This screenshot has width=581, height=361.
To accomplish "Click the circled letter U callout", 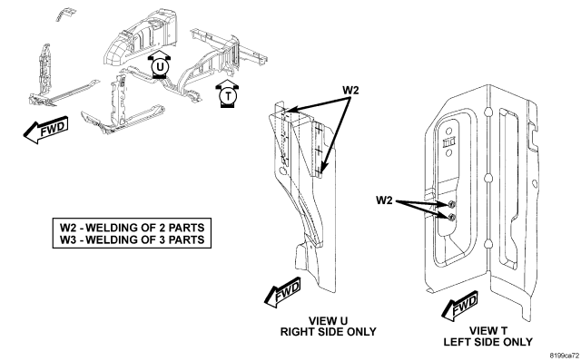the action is (x=160, y=67).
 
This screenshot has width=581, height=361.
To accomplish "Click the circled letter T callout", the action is (x=228, y=96).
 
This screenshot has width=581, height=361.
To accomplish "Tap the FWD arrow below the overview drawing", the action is (x=46, y=130).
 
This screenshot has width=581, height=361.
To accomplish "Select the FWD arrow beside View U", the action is (x=282, y=292).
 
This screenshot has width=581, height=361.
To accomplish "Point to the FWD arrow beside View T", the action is (x=459, y=307).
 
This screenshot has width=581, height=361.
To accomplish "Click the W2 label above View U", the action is (x=350, y=90).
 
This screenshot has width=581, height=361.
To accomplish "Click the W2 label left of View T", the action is (x=384, y=200).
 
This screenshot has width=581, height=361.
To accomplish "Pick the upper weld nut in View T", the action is (x=451, y=204).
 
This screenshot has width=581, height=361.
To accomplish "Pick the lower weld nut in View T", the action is (x=451, y=218).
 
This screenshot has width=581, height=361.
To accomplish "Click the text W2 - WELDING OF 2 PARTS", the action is (x=133, y=227).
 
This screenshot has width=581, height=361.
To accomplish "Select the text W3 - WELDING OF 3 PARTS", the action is (x=133, y=239).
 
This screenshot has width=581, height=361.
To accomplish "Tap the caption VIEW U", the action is (x=328, y=321).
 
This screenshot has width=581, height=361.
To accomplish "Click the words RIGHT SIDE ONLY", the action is (x=328, y=332).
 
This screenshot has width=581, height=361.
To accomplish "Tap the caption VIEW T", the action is (x=488, y=331).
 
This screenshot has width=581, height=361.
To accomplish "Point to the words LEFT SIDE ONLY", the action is (x=488, y=342).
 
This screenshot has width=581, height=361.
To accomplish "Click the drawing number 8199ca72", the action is (x=564, y=356).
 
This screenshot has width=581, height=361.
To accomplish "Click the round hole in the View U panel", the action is (x=282, y=171).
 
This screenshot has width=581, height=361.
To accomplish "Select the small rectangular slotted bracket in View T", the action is (x=448, y=142).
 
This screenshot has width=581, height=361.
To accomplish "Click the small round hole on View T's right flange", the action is (x=534, y=183).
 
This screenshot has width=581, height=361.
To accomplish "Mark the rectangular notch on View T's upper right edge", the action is (x=534, y=135).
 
